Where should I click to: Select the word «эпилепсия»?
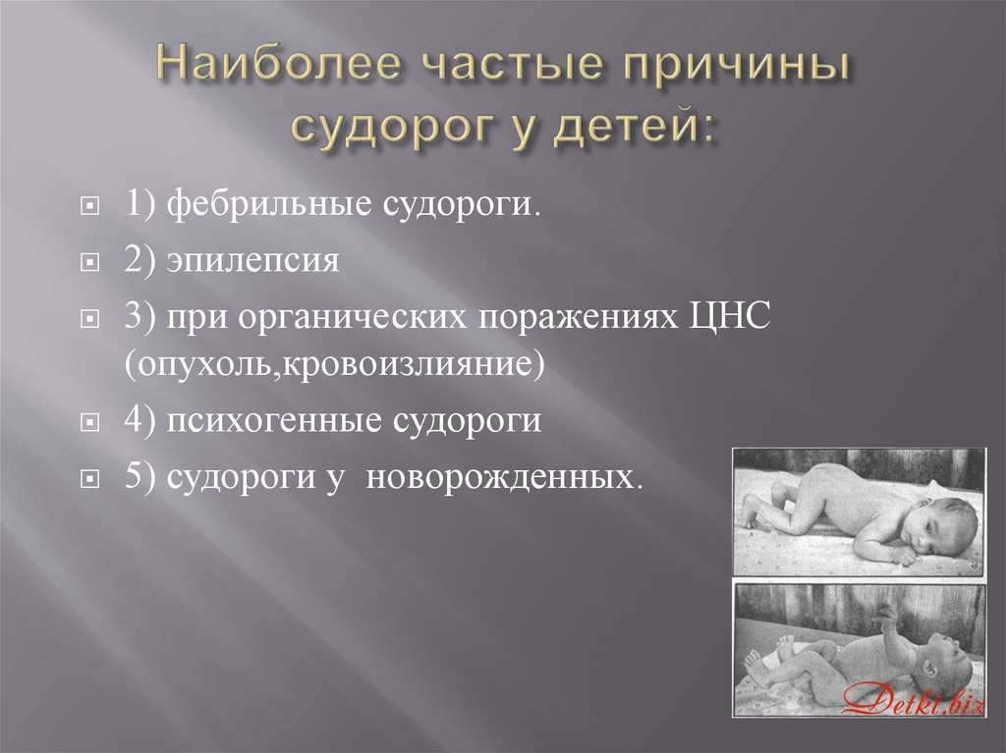pyautogui.click(x=252, y=260)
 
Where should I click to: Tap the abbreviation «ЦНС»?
pyautogui.click(x=730, y=316)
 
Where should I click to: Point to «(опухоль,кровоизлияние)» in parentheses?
pyautogui.click(x=334, y=364)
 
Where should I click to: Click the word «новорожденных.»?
pyautogui.click(x=504, y=477)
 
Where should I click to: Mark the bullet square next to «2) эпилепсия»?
pyautogui.click(x=89, y=262)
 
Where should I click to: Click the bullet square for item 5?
pyautogui.click(x=89, y=479)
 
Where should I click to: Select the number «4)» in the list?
pyautogui.click(x=140, y=420)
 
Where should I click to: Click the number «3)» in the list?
pyautogui.click(x=140, y=317)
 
